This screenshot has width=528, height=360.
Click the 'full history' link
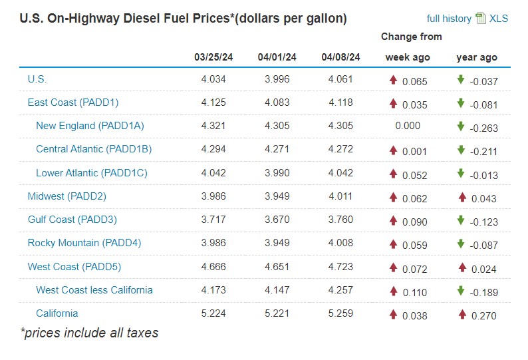(449, 19)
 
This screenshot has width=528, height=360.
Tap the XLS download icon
(481, 19)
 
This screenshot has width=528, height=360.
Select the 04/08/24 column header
(340, 57)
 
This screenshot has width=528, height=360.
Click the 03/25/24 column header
(213, 57)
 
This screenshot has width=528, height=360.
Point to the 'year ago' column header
(477, 57)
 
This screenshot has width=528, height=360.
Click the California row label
(57, 313)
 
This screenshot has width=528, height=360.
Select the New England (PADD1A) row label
(90, 126)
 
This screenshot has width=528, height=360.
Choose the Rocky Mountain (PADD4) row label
(84, 243)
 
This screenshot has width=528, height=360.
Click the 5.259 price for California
(340, 313)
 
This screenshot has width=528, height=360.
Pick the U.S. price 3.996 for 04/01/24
(277, 79)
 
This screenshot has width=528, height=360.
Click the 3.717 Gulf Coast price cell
(213, 220)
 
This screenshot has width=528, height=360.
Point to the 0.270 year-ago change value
(483, 315)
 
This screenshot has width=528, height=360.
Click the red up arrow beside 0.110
(393, 291)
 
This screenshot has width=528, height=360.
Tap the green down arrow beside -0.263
(460, 126)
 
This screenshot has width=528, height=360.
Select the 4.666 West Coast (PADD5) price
(213, 267)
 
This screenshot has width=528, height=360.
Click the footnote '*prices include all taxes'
(89, 333)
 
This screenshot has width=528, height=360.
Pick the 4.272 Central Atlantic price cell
(340, 149)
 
